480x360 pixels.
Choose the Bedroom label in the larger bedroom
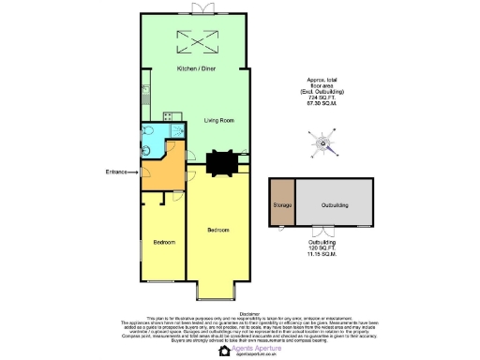click(x=217, y=230)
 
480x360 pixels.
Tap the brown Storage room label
click(x=281, y=204)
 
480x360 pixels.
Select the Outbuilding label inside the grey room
click(x=335, y=204)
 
